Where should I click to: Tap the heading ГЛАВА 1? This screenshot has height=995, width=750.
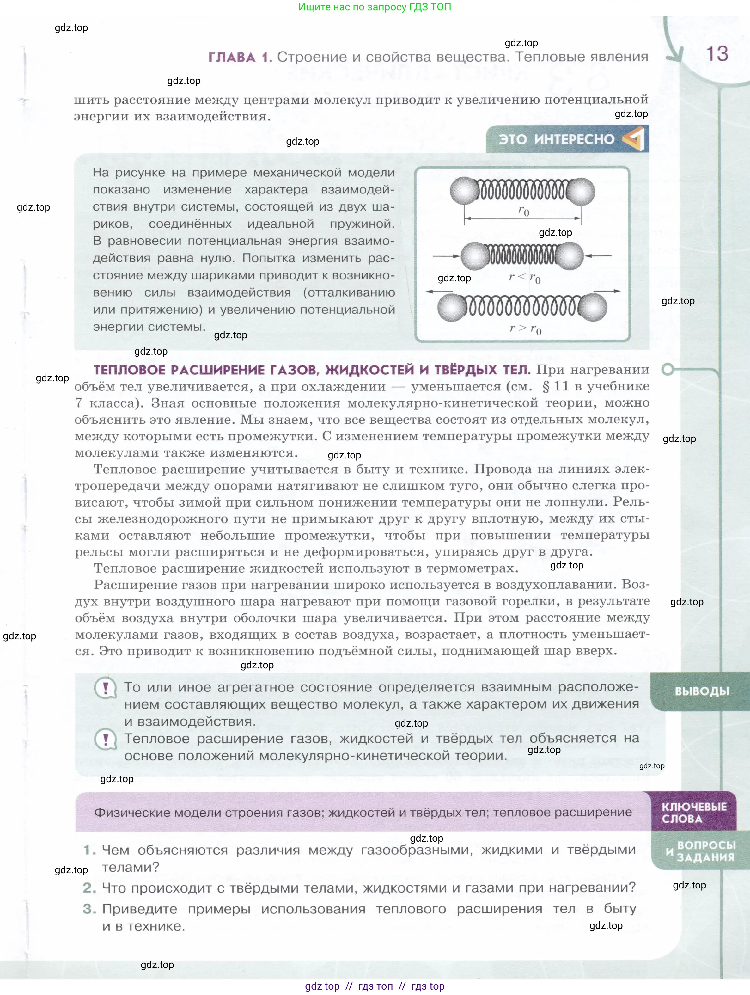pos(240,57)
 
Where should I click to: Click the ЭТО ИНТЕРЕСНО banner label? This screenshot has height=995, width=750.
pos(556,139)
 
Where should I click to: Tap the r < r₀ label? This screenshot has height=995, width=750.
pos(524,277)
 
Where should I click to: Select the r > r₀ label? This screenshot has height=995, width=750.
pos(525,329)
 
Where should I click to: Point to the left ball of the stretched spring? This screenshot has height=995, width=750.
pos(452,308)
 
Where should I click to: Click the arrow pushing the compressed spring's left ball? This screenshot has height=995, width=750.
pos(447,256)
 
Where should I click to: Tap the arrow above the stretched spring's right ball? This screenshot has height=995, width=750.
pos(607,291)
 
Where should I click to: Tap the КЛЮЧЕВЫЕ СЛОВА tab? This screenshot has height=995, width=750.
pos(694,812)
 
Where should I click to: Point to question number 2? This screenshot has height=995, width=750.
pos(89,888)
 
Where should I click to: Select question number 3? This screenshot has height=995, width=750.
pos(89,909)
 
